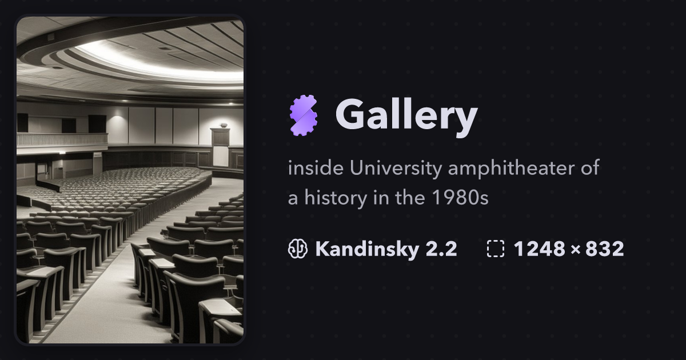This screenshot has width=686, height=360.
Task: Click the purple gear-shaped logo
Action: coord(304,115)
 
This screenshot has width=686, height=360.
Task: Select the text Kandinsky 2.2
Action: coord(386,249)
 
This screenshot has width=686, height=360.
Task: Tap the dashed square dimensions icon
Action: coord(496,249)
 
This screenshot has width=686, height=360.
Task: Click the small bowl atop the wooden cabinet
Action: coord(223,125)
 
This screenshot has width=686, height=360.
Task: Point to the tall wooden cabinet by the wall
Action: coord(220,146)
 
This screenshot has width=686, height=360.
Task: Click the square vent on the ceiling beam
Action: coord(50,37)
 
